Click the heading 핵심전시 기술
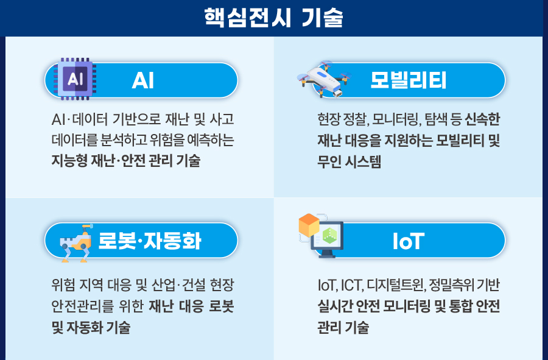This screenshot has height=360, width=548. (x=273, y=18)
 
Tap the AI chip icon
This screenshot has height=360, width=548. (x=75, y=79)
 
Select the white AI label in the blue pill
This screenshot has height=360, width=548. (x=143, y=80)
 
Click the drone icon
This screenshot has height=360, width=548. (x=324, y=79)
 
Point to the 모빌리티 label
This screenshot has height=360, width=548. (x=408, y=80)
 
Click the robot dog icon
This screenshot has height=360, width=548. (x=77, y=243)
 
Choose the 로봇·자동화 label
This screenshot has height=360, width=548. (x=150, y=241)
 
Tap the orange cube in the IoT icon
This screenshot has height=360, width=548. (x=309, y=225)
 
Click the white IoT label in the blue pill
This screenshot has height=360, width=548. (x=408, y=241)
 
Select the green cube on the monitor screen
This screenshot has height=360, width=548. (x=329, y=236)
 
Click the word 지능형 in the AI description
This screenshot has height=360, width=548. (x=69, y=161)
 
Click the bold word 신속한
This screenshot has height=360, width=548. (x=482, y=119)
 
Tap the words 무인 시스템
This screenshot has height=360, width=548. (x=349, y=161)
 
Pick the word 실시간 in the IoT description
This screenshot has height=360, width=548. (x=335, y=306)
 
